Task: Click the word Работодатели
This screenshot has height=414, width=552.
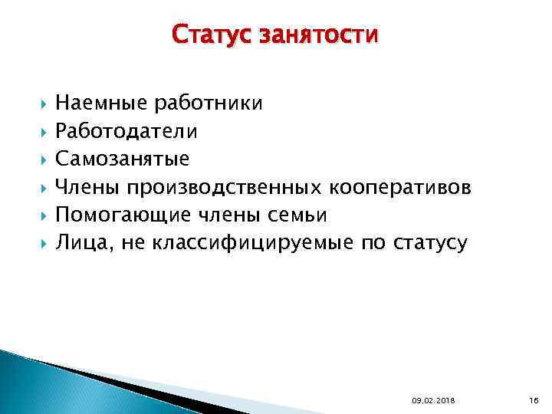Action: [126, 132]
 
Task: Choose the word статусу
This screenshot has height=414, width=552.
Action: [429, 244]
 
